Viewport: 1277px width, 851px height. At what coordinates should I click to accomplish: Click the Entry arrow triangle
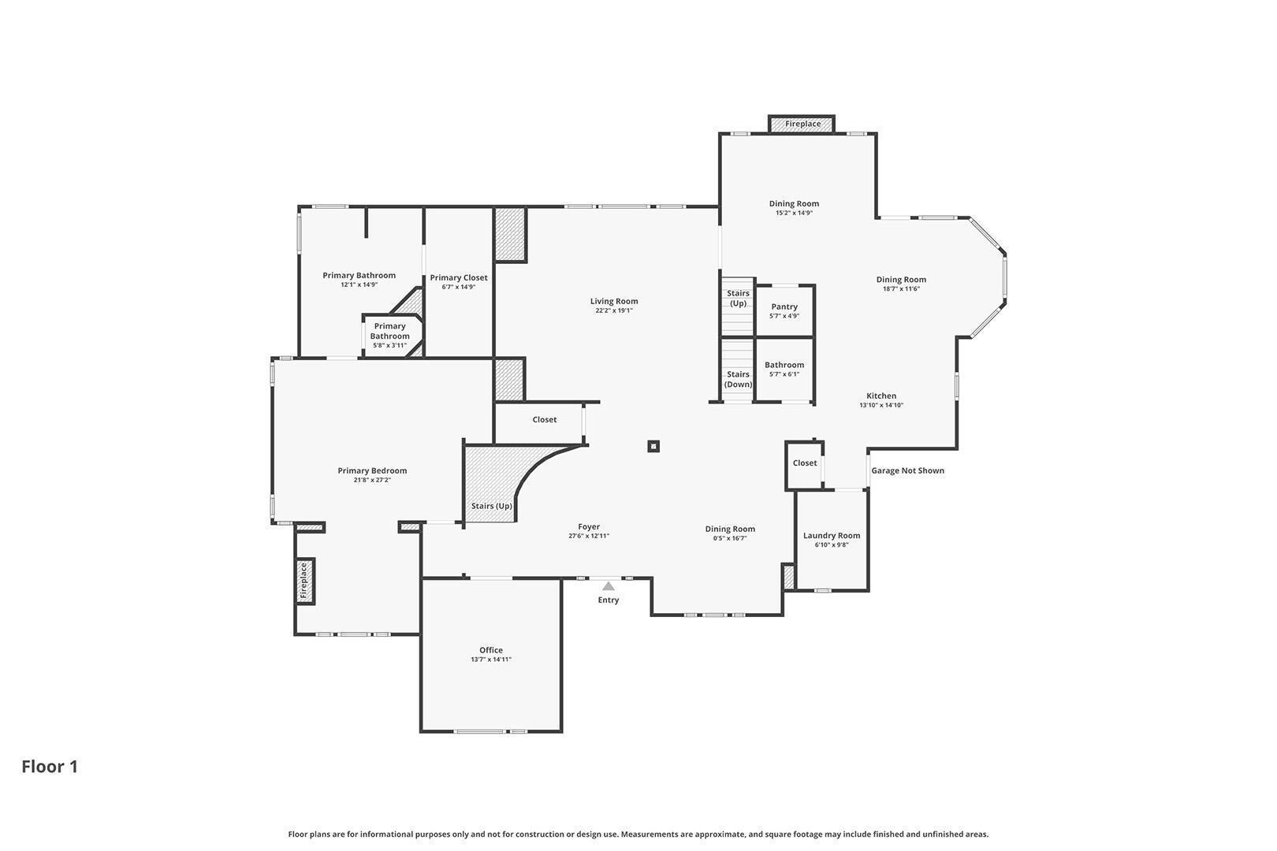point(609,586)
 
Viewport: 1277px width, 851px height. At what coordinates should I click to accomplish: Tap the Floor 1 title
point(50,767)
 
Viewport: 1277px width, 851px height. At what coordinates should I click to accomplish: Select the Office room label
point(491,650)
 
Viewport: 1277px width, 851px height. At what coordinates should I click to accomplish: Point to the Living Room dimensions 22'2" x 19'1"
point(614,310)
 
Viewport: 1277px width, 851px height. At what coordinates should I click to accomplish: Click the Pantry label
point(784,307)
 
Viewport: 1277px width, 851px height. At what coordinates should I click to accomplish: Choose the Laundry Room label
point(832,536)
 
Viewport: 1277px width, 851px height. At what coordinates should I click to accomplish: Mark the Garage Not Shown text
point(907,471)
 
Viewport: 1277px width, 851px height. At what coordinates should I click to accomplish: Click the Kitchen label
point(881,396)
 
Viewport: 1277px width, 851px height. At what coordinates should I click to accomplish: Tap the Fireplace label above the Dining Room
point(802,124)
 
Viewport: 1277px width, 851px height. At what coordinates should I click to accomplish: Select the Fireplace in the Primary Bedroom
point(304,581)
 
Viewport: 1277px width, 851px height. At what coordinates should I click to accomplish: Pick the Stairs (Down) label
point(739,380)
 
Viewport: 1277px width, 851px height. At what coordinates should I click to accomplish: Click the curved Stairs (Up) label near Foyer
point(491,506)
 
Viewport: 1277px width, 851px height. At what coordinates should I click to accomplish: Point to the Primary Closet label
point(459,277)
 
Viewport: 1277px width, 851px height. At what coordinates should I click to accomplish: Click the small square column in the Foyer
point(653,446)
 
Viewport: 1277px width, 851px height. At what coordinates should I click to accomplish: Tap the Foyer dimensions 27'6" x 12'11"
point(589,537)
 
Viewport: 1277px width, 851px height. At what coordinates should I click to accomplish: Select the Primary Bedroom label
point(372,471)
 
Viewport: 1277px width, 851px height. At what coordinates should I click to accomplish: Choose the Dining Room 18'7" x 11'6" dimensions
point(901,289)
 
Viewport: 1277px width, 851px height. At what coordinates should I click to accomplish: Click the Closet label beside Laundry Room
point(805,463)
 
